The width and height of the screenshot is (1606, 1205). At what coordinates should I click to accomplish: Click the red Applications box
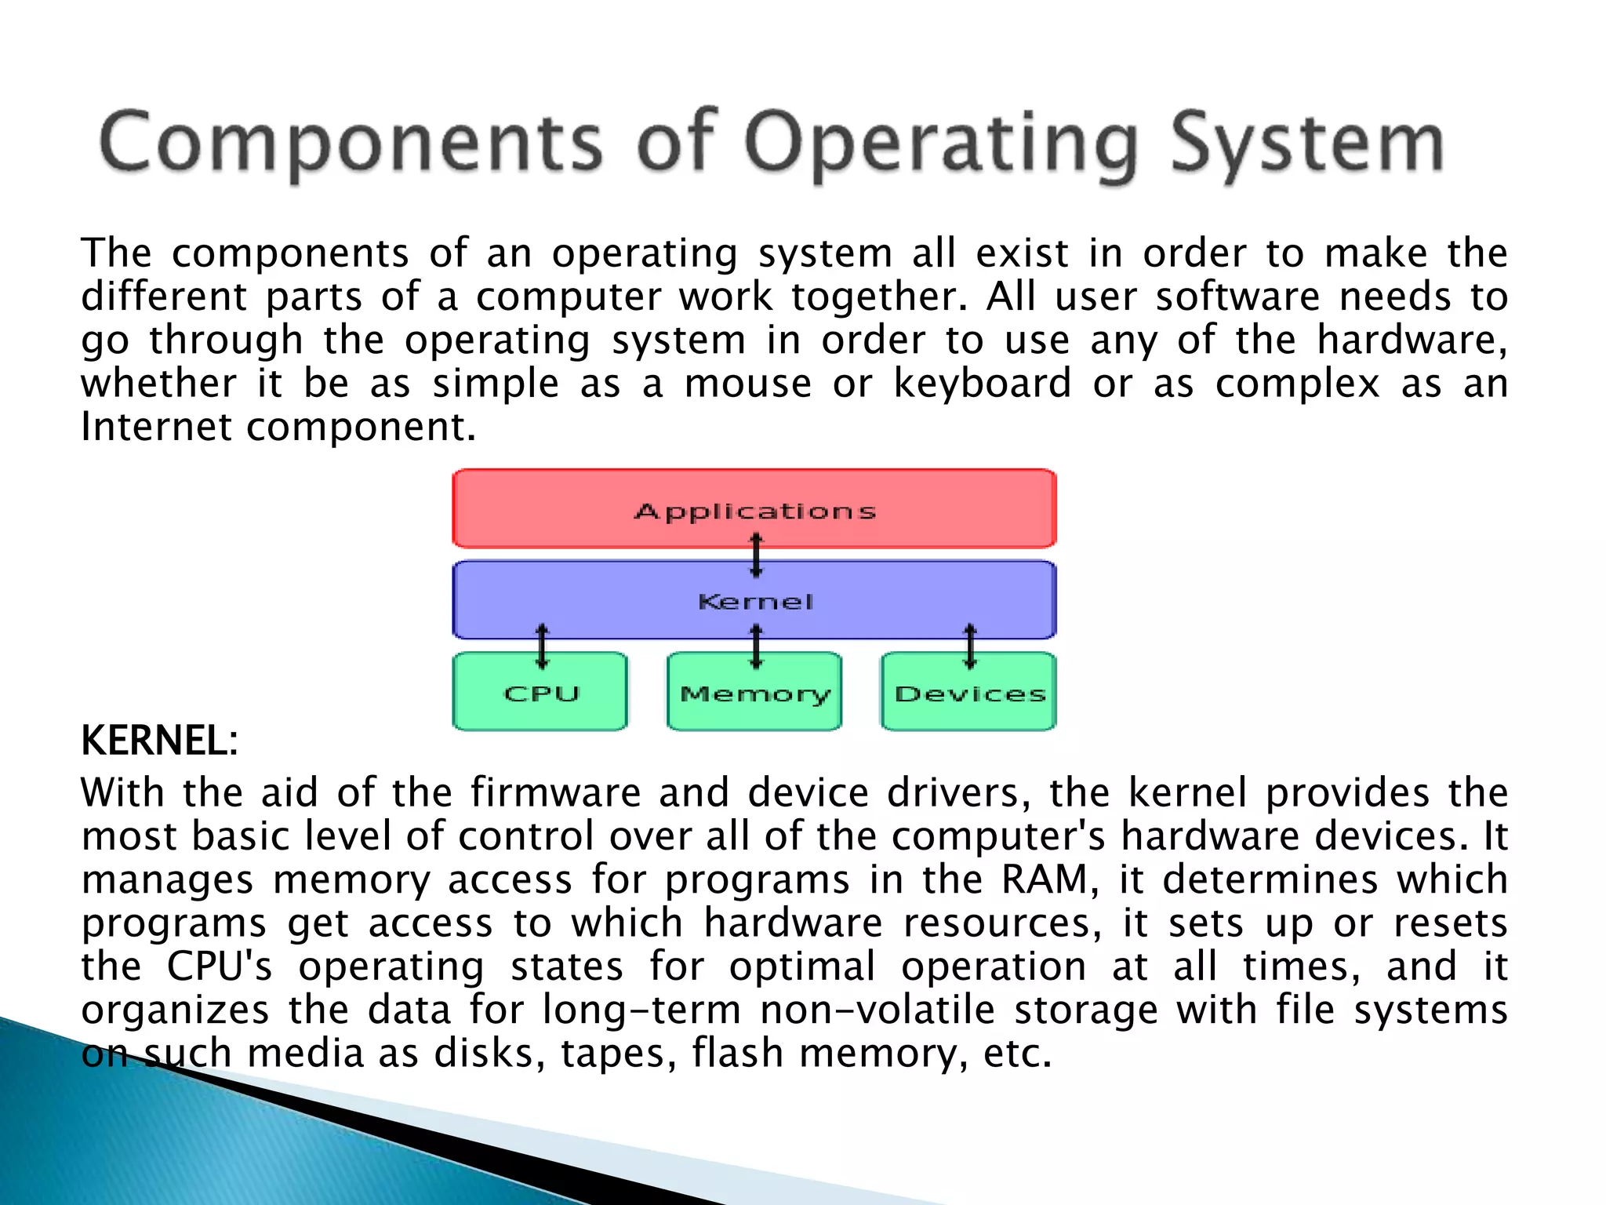[754, 508]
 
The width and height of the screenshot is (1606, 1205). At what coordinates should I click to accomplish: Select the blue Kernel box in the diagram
[754, 600]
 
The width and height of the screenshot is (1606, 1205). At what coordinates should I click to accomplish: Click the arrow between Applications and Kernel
[756, 555]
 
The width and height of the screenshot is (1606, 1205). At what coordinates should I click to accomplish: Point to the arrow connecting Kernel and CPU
[542, 646]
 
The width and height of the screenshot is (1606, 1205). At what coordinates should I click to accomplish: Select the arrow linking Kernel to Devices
[970, 646]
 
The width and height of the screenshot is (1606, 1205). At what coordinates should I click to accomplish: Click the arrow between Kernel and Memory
[756, 646]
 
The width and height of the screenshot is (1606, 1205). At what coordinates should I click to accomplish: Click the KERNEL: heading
[159, 741]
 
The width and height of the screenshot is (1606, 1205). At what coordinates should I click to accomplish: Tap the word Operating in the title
[940, 144]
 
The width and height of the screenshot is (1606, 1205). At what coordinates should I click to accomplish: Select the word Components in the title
[351, 144]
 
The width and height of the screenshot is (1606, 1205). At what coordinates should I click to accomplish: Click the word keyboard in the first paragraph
[982, 384]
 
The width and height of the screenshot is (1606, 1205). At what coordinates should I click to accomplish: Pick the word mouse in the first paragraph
[747, 384]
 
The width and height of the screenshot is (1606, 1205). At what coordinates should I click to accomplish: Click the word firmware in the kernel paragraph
[555, 792]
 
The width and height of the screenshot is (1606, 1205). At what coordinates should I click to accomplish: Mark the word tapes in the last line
[618, 1053]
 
